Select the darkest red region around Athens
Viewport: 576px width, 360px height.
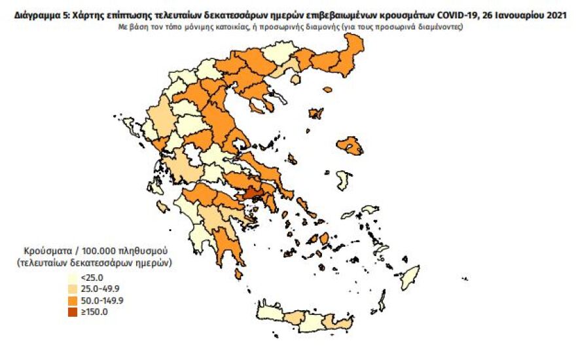click(254, 194)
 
